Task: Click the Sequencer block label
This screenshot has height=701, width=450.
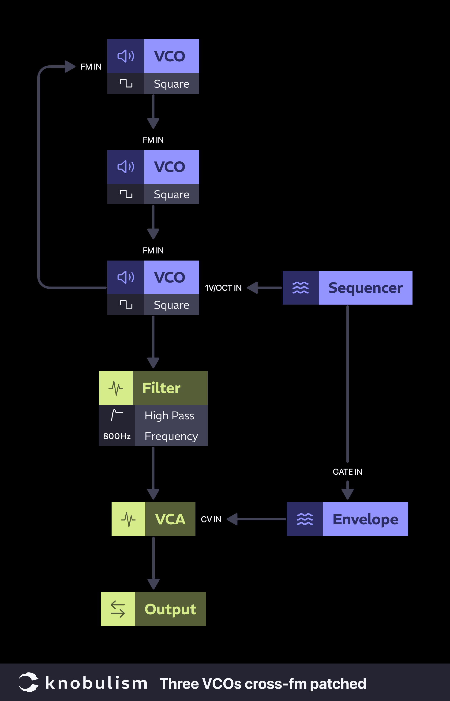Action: coord(365,288)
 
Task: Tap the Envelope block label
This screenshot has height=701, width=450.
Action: coord(365,519)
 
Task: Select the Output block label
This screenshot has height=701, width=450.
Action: coord(170,609)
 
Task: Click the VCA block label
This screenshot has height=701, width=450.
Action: coord(170,519)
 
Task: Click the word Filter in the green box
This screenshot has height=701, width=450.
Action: coord(161,388)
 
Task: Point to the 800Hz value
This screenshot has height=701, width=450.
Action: coord(117,436)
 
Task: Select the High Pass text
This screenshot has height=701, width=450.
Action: coord(169,416)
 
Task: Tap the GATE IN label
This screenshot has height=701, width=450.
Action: coord(347,472)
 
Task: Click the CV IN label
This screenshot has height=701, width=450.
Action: coord(211,519)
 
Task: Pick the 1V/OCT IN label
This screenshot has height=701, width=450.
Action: coord(223,288)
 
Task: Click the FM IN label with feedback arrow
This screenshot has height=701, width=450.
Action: coord(91,67)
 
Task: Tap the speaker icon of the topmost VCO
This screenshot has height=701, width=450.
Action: coord(126,56)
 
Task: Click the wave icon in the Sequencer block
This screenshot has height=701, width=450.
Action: coord(300,288)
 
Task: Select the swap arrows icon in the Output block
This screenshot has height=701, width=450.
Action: coord(118,609)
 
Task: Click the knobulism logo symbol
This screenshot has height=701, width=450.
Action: coord(29,682)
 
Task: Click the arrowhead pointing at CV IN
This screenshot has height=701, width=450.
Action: coord(232,519)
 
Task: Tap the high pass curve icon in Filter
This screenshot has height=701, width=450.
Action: coord(117,415)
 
